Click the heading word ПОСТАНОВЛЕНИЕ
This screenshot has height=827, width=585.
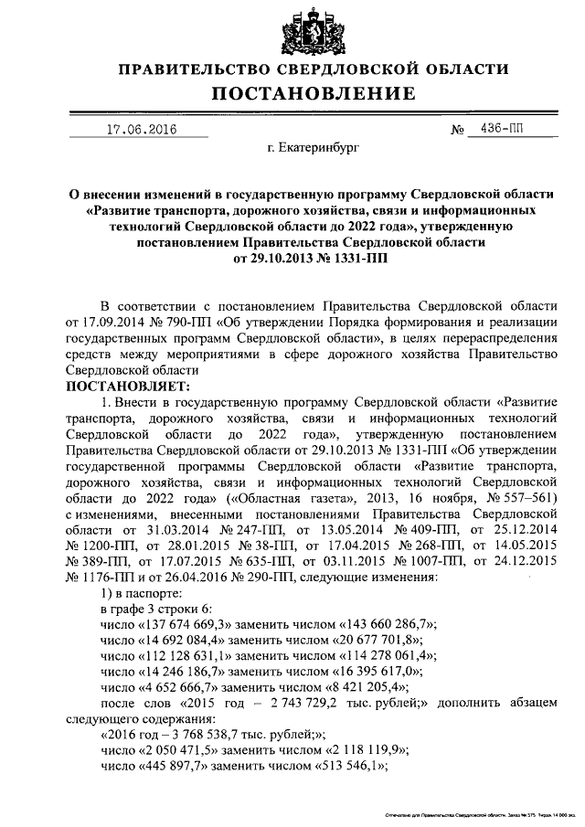point(315,94)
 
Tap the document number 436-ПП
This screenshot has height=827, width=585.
point(502,129)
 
